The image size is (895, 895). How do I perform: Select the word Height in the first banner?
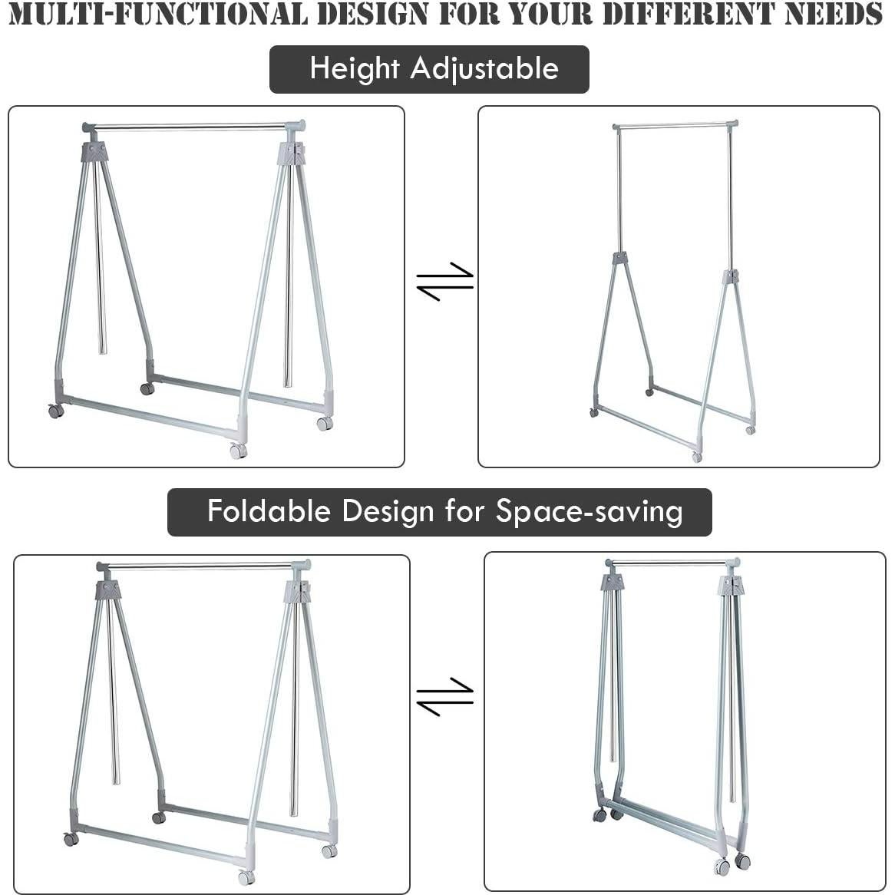[x=355, y=69]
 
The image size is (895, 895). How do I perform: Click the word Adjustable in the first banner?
[x=484, y=69]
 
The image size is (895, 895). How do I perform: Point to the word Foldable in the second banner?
[x=269, y=511]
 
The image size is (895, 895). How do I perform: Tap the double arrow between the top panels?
[x=445, y=281]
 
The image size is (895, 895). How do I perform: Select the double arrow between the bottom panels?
[x=445, y=695]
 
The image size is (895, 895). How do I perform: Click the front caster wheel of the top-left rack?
[x=238, y=451]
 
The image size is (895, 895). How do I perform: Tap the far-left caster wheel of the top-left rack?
[x=56, y=411]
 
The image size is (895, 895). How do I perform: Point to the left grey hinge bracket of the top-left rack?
[x=94, y=151]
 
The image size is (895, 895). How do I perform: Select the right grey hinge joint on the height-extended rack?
[x=731, y=276]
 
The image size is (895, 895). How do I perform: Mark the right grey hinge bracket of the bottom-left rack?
[x=299, y=591]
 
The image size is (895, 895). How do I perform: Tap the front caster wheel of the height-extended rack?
[x=697, y=457]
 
